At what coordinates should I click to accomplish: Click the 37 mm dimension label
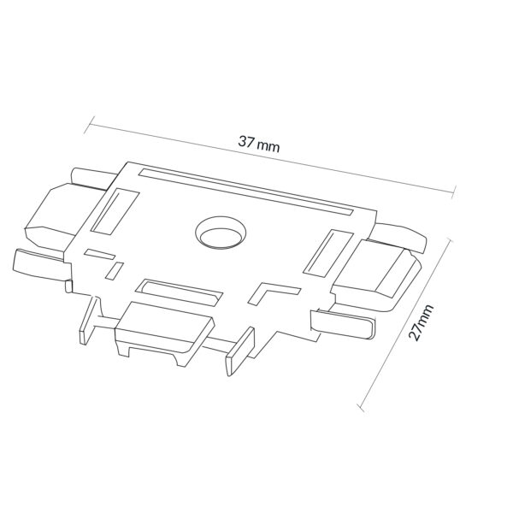(259, 144)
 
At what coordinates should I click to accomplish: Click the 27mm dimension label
(421, 322)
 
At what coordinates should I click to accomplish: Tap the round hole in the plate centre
(221, 232)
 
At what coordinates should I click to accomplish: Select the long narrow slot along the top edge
(246, 192)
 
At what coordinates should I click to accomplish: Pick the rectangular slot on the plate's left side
(115, 211)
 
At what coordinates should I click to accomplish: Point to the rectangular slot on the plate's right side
(328, 253)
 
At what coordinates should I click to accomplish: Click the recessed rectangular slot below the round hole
(180, 292)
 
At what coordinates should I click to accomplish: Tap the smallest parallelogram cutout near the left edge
(115, 271)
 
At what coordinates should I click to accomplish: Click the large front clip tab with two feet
(163, 332)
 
